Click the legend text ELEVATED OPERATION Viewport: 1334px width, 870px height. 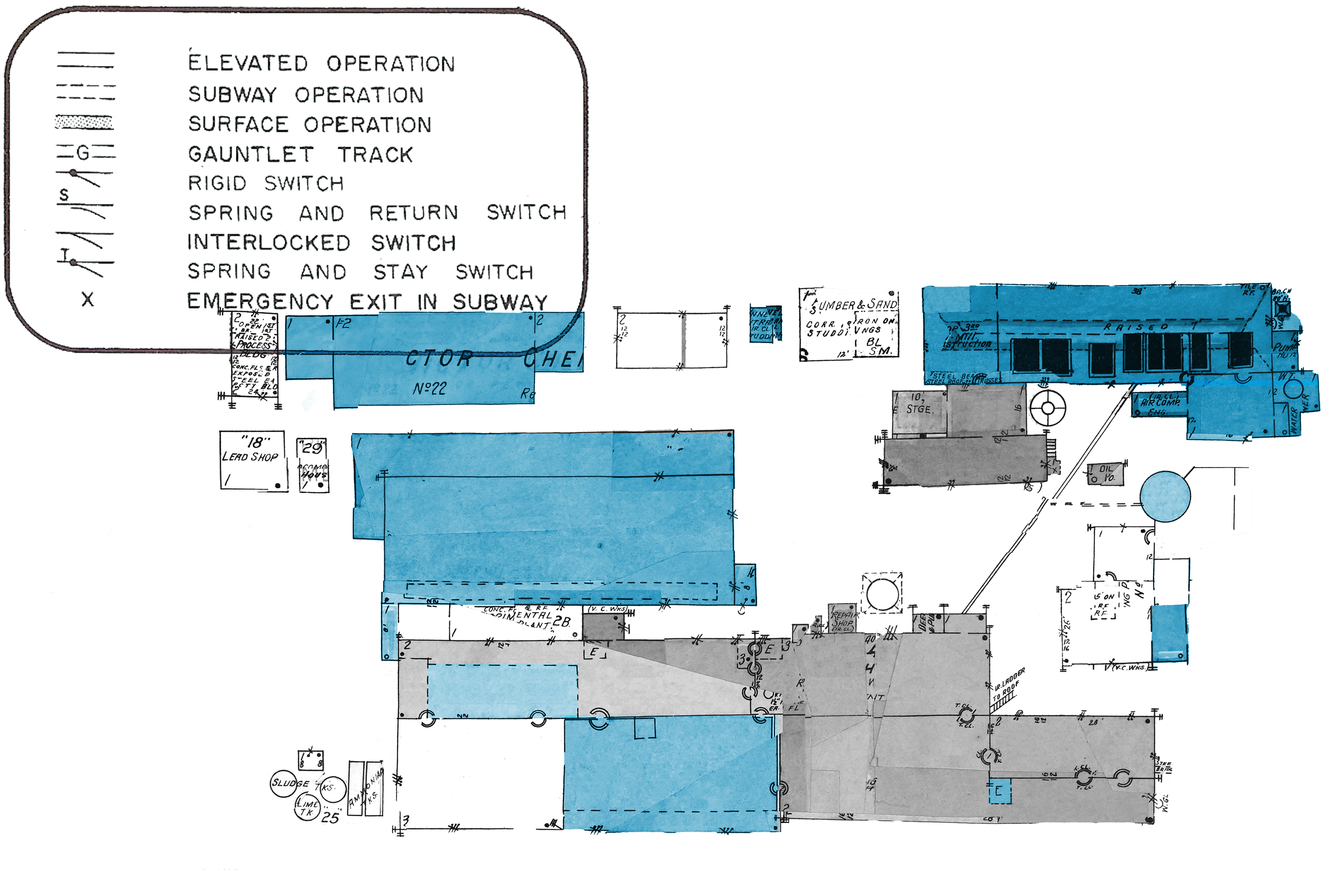pos(321,63)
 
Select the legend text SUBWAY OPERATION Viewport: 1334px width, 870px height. pos(305,94)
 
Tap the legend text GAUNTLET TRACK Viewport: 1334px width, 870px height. pos(300,154)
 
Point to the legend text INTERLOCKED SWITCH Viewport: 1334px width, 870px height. pos(321,242)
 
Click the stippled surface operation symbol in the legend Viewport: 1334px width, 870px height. pos(84,122)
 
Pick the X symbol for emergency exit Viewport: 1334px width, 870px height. pos(88,299)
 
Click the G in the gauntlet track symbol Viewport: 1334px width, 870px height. pos(83,153)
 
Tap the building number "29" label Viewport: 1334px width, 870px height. pos(312,447)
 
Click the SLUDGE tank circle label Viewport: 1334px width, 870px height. pos(290,782)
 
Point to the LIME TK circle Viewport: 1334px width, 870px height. pos(307,807)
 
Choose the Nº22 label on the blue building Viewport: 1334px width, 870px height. pos(430,388)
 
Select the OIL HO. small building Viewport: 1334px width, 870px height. pos(1105,473)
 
